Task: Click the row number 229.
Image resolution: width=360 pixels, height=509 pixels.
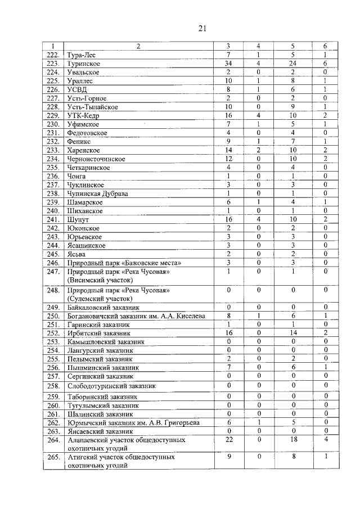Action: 53,115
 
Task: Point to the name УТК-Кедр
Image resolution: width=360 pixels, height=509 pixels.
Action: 83,115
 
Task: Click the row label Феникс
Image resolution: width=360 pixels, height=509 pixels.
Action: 80,142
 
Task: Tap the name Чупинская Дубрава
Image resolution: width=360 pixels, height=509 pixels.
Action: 97,193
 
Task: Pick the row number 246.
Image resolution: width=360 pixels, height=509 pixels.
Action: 53,263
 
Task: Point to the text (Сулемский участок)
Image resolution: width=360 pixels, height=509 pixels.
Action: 99,299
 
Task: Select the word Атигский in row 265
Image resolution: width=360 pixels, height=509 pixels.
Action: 81,457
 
